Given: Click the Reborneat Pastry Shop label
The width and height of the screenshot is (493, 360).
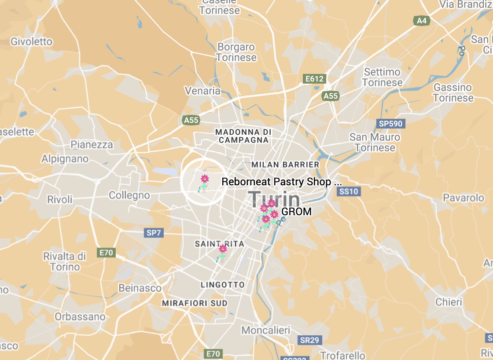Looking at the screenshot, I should click(x=281, y=181).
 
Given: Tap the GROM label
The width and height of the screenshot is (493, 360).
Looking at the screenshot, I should click(x=296, y=212).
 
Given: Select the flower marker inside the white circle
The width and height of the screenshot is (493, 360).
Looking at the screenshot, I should click(x=204, y=179).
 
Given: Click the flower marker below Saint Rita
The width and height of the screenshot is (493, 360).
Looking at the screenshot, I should click(x=223, y=249).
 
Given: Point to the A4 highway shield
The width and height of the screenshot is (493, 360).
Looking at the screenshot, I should click(x=421, y=20).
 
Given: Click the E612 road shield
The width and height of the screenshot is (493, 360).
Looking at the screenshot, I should click(x=315, y=79).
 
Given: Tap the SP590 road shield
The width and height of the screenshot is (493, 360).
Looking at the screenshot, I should click(x=390, y=124).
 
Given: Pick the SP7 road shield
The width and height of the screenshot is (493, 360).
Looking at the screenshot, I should click(x=154, y=233).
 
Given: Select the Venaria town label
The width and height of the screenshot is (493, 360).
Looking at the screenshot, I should click(x=202, y=91).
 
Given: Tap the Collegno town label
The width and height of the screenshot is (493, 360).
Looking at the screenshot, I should click(x=129, y=195).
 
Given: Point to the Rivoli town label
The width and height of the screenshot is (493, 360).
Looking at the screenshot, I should click(x=60, y=199).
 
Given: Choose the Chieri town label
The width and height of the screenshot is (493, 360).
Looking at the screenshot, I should click(x=449, y=302).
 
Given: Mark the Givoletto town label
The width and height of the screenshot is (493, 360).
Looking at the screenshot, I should click(x=31, y=42).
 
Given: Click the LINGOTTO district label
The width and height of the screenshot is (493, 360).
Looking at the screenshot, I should click(x=222, y=285).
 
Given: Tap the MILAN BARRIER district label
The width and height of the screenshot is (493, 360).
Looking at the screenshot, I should click(x=285, y=165).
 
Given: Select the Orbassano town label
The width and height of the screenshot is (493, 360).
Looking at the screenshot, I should click(x=80, y=316).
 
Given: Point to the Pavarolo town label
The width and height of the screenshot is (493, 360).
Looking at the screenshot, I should click(x=463, y=198).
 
